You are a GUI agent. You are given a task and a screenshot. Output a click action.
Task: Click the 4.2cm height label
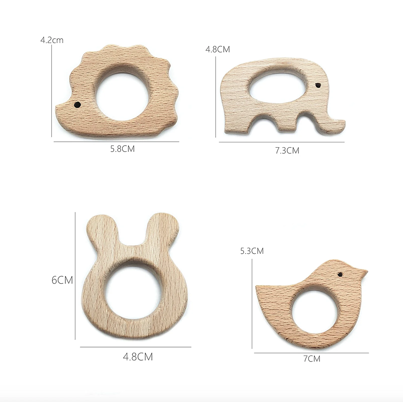pos(52,40)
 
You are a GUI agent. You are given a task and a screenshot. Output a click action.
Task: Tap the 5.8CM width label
pos(123,149)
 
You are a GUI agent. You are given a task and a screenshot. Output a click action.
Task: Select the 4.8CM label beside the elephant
pos(218,49)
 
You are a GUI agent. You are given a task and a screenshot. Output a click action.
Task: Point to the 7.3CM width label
pos(287,150)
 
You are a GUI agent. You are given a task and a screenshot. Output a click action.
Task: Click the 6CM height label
pos(62,280)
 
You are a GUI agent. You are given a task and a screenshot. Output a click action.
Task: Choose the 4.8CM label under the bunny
pos(138,357)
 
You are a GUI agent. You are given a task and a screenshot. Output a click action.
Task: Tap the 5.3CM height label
pos(252,251)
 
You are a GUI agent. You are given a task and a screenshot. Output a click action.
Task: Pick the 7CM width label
pos(312,358)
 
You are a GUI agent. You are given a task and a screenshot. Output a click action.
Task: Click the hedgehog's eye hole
pos(77,105)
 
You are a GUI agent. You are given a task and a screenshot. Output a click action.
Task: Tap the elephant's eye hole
pos(318,85)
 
